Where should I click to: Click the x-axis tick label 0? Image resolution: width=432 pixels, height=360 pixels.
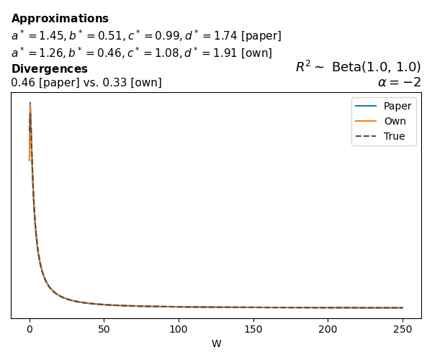tap(30, 328)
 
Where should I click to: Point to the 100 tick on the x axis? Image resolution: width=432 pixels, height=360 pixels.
tap(178, 328)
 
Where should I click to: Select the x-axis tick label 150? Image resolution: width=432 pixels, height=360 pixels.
tap(253, 328)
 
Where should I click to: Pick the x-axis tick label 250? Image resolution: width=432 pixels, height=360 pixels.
tap(402, 328)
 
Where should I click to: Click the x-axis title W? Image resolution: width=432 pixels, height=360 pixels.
tap(216, 343)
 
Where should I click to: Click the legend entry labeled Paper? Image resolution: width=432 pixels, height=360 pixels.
tap(397, 106)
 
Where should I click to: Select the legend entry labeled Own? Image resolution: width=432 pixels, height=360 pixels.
tap(394, 121)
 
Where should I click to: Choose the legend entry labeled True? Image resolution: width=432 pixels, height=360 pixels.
tap(394, 136)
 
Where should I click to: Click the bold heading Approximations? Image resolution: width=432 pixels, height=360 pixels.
tap(60, 19)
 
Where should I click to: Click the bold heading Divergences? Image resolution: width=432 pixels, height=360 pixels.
tap(49, 69)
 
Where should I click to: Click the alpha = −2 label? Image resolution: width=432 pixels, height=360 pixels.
tap(399, 82)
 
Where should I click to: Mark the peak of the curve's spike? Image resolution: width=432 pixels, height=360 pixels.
tap(30, 103)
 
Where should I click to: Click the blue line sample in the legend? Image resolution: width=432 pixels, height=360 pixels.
tap(366, 106)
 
